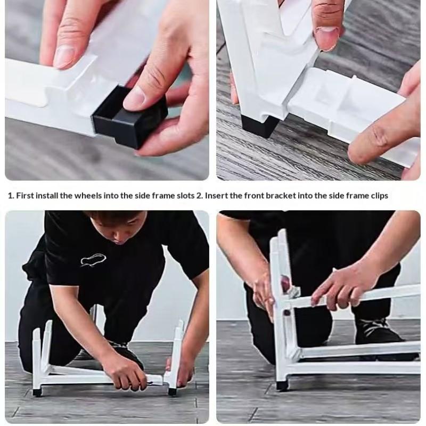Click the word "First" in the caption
(x=25, y=195)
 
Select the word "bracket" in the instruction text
(x=281, y=195)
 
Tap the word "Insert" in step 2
(x=216, y=195)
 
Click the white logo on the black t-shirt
(x=93, y=259)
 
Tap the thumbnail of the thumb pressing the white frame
(x=327, y=38)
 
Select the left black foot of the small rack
(x=36, y=392)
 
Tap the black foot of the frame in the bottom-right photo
(x=282, y=386)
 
